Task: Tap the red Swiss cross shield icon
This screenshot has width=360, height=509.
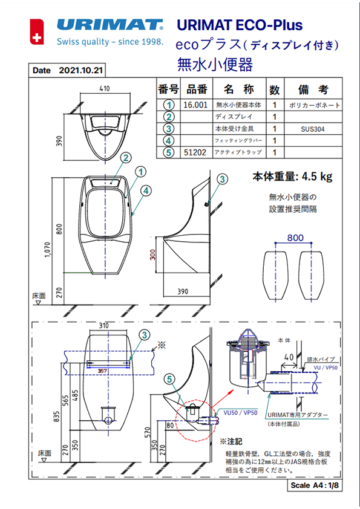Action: click(x=38, y=33)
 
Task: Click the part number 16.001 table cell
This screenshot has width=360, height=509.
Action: click(x=195, y=105)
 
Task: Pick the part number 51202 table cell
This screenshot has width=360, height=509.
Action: click(x=195, y=153)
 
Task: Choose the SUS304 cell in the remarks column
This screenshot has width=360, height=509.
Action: click(x=313, y=129)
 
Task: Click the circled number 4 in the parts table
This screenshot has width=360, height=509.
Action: click(x=169, y=141)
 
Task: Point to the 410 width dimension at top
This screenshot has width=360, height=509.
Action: click(x=104, y=89)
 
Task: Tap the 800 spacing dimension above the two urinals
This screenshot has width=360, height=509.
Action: click(x=295, y=238)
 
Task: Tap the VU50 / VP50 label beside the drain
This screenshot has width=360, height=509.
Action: click(x=241, y=412)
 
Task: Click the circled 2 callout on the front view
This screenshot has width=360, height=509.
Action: click(x=125, y=158)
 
